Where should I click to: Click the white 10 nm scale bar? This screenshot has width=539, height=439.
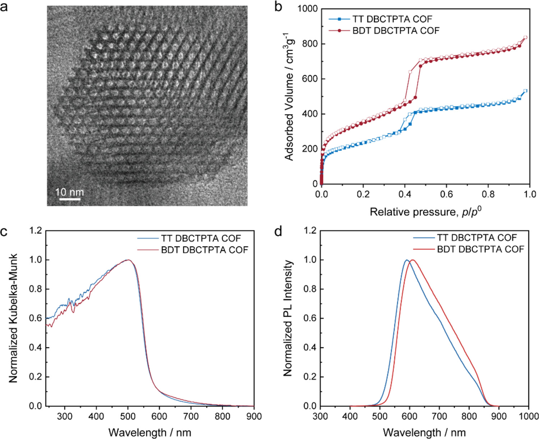pyautogui.click(x=69, y=198)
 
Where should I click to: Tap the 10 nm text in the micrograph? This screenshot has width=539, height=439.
pyautogui.click(x=69, y=192)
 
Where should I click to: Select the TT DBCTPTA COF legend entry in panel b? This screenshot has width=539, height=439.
pyautogui.click(x=392, y=19)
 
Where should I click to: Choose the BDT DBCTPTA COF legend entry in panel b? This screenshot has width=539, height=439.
pyautogui.click(x=395, y=31)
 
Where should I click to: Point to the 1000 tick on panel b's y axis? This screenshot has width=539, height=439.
pyautogui.click(x=308, y=9)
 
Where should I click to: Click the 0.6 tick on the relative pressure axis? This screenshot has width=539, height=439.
pyautogui.click(x=446, y=194)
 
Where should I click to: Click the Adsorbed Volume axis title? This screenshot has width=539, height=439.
pyautogui.click(x=289, y=96)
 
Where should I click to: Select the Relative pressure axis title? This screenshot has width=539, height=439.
pyautogui.click(x=425, y=211)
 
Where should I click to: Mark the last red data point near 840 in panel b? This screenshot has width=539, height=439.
pyautogui.click(x=525, y=37)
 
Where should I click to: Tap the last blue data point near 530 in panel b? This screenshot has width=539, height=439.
pyautogui.click(x=525, y=91)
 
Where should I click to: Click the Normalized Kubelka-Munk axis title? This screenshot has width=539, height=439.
pyautogui.click(x=13, y=318)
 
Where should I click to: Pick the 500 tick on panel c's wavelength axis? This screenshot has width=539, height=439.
pyautogui.click(x=128, y=416)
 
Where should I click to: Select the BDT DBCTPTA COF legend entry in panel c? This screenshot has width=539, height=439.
pyautogui.click(x=204, y=250)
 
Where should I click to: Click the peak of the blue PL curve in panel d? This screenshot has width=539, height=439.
pyautogui.click(x=406, y=260)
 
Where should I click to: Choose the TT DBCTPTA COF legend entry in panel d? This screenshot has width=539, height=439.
pyautogui.click(x=476, y=238)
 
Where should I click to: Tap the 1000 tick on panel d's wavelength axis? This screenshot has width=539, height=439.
pyautogui.click(x=528, y=416)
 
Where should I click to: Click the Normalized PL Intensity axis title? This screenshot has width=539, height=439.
pyautogui.click(x=288, y=318)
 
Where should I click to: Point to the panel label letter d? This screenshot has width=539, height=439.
pyautogui.click(x=278, y=232)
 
